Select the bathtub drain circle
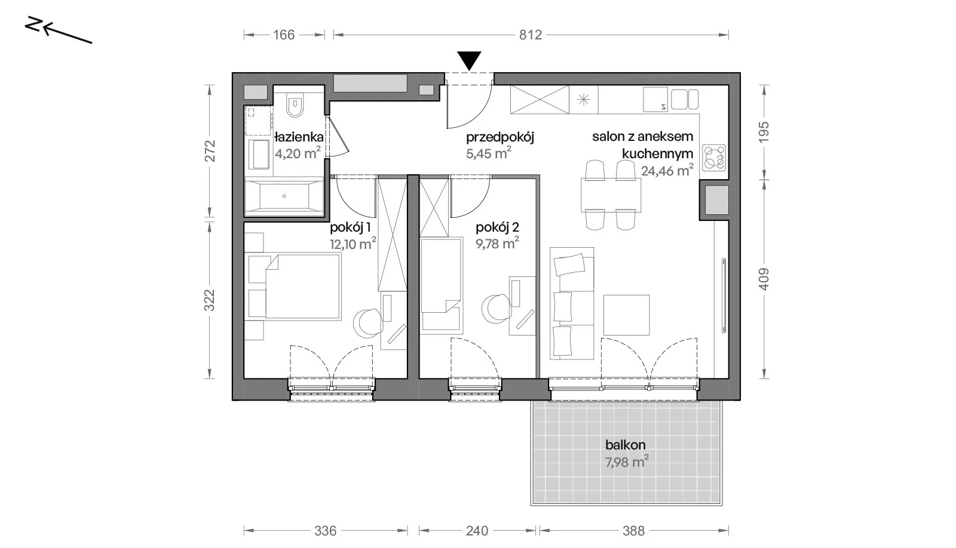point(284,196)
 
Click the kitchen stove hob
point(714,157)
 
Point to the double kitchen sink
point(685,99)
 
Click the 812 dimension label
point(531,35)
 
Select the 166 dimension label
point(284,35)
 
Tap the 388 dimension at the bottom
point(633,531)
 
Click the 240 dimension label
point(477,531)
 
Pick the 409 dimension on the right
point(764,279)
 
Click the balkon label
point(625,445)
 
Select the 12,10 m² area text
point(353,244)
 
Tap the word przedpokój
point(500,138)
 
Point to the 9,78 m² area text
point(497,243)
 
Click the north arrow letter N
point(33,24)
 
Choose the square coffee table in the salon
point(627,315)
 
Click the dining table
point(611,195)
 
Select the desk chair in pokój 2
point(497,308)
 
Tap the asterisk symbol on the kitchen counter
point(583,100)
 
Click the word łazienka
point(299,137)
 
